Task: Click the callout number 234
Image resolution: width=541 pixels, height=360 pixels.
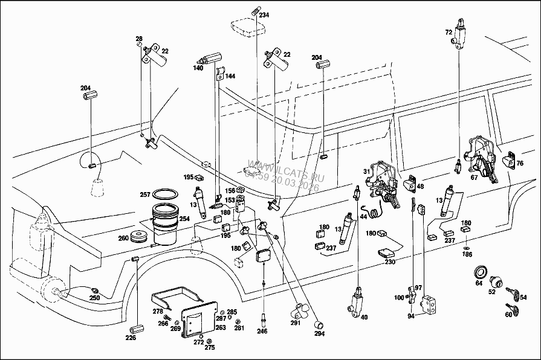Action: [x=264, y=15]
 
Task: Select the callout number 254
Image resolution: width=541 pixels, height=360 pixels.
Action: [x=184, y=218]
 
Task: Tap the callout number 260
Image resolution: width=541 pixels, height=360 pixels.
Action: [x=123, y=237]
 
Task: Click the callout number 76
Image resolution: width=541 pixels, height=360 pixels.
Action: [x=519, y=163]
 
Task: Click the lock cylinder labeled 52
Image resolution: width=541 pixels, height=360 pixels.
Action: [x=495, y=281]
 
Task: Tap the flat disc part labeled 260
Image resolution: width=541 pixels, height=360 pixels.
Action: [x=141, y=236]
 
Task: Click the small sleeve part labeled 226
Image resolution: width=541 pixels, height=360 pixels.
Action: [x=135, y=329]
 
